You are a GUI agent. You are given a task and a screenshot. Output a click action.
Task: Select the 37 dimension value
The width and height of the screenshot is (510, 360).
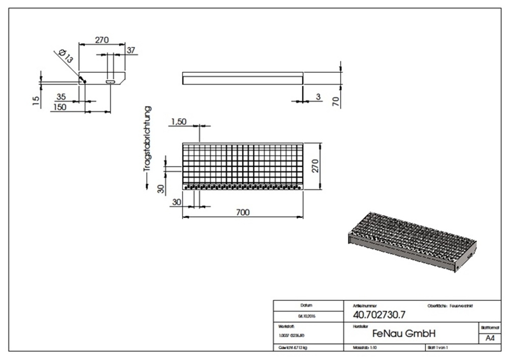[131, 50]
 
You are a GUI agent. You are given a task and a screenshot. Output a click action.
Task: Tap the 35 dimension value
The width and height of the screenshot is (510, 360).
[61, 96]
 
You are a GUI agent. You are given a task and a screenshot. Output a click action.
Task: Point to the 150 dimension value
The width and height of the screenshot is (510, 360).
[60, 107]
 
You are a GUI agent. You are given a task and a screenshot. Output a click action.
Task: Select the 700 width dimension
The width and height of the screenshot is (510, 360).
[243, 212]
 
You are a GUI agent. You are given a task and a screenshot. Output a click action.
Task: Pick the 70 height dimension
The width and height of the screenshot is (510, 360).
[336, 100]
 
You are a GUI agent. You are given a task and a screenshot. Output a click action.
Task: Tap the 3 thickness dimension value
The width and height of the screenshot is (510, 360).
[318, 96]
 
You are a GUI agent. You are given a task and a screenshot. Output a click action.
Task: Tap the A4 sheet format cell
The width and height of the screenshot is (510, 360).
[489, 339]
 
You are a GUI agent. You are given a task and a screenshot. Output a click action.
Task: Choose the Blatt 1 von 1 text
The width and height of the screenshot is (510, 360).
[437, 348]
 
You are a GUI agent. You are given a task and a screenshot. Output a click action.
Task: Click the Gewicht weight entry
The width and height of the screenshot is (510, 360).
[294, 348]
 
